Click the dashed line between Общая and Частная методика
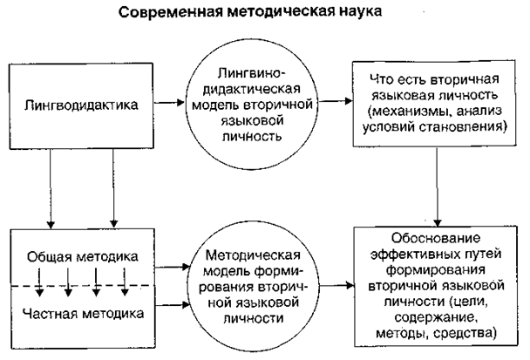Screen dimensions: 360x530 pos(87,285)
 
